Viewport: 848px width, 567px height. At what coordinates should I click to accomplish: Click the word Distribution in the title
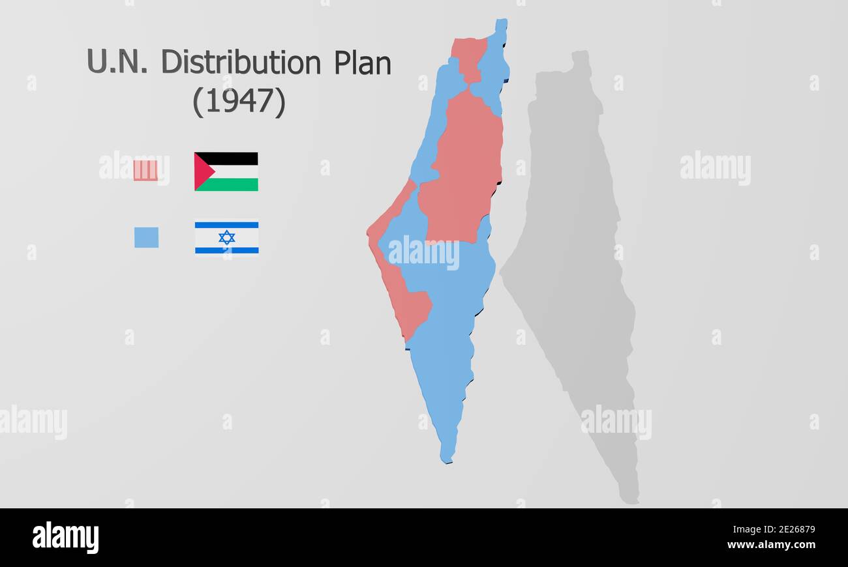[x=241, y=63]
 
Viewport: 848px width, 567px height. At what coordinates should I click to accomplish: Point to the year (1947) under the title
[x=239, y=102]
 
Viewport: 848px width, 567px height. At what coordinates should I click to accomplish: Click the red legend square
[x=145, y=170]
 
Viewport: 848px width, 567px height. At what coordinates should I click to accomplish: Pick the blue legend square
[x=146, y=237]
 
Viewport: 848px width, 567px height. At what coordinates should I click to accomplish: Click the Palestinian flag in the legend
[x=226, y=171]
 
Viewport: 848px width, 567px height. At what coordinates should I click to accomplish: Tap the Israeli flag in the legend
[x=226, y=237]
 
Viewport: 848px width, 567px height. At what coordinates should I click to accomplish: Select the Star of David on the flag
[x=226, y=237]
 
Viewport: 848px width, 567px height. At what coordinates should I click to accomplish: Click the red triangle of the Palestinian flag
[x=202, y=171]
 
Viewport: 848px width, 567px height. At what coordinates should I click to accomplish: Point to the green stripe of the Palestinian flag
[x=235, y=184]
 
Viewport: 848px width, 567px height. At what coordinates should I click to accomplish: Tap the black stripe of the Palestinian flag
[x=235, y=158]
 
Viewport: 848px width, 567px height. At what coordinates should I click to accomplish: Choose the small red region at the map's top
[x=470, y=57]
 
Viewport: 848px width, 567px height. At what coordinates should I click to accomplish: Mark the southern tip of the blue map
[x=447, y=458]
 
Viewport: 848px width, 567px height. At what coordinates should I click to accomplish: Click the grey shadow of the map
[x=574, y=261]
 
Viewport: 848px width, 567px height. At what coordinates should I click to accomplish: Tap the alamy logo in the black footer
[x=65, y=538]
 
